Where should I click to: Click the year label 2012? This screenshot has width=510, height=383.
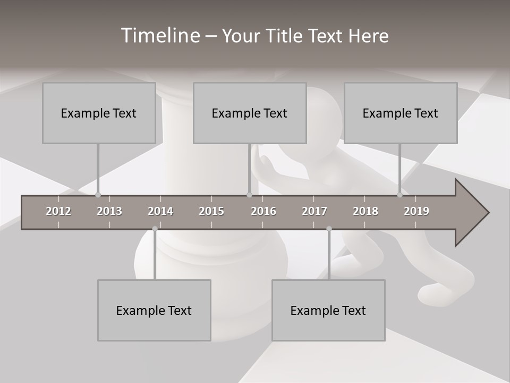(x=58, y=212)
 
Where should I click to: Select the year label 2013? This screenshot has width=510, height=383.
(x=109, y=212)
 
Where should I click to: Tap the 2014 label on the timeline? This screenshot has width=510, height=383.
(x=160, y=212)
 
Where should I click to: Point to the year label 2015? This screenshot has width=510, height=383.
(x=211, y=212)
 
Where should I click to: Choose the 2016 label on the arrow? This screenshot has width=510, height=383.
(x=263, y=212)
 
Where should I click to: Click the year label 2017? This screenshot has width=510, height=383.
(x=314, y=212)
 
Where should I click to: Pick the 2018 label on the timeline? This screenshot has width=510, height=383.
(x=365, y=212)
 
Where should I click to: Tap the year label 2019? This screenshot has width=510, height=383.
(x=416, y=212)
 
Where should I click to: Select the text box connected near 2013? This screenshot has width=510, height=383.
(x=99, y=113)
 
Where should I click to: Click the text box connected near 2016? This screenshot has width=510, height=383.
(x=250, y=113)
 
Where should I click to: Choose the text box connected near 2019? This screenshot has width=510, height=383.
(x=401, y=113)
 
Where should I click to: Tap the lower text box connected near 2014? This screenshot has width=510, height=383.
(x=154, y=310)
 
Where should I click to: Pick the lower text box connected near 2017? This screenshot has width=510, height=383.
(x=328, y=310)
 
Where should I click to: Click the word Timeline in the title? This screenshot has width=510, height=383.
(x=159, y=36)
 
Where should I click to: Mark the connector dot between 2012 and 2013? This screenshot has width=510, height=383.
(x=98, y=195)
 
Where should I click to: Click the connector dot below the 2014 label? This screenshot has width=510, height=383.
(x=155, y=229)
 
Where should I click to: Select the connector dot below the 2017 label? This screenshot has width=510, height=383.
(x=329, y=229)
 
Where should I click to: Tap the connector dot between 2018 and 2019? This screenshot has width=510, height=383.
(x=399, y=195)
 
